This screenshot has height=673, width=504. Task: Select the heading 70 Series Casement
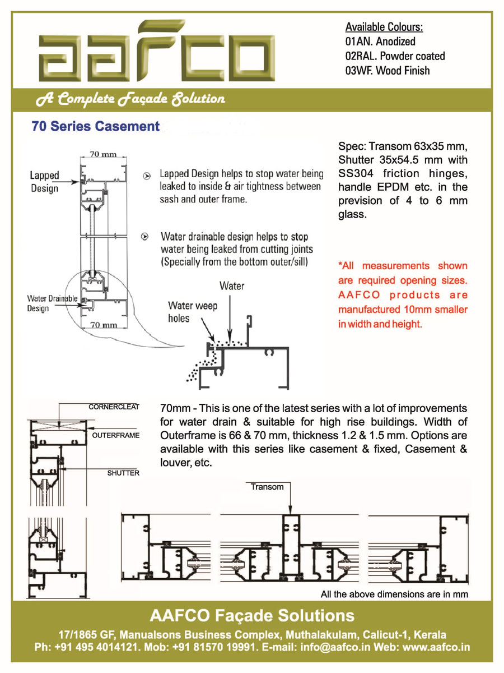[x=96, y=127]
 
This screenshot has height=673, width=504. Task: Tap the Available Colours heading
[x=384, y=27]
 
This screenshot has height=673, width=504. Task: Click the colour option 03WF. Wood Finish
[x=387, y=70]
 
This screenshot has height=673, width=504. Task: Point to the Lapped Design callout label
[x=44, y=182]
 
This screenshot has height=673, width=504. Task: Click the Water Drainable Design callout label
[x=52, y=303]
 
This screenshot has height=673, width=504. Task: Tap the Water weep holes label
[x=193, y=312]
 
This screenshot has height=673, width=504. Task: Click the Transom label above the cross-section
[x=267, y=487]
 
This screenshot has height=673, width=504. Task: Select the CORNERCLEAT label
[x=114, y=407]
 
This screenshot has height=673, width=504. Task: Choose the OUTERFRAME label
[x=116, y=435]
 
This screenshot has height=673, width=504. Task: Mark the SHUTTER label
[x=123, y=473]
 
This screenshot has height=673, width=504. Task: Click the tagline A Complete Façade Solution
[x=130, y=99]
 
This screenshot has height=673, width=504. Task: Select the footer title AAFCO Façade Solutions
[x=252, y=616]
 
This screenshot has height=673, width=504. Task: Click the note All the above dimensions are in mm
[x=394, y=594]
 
